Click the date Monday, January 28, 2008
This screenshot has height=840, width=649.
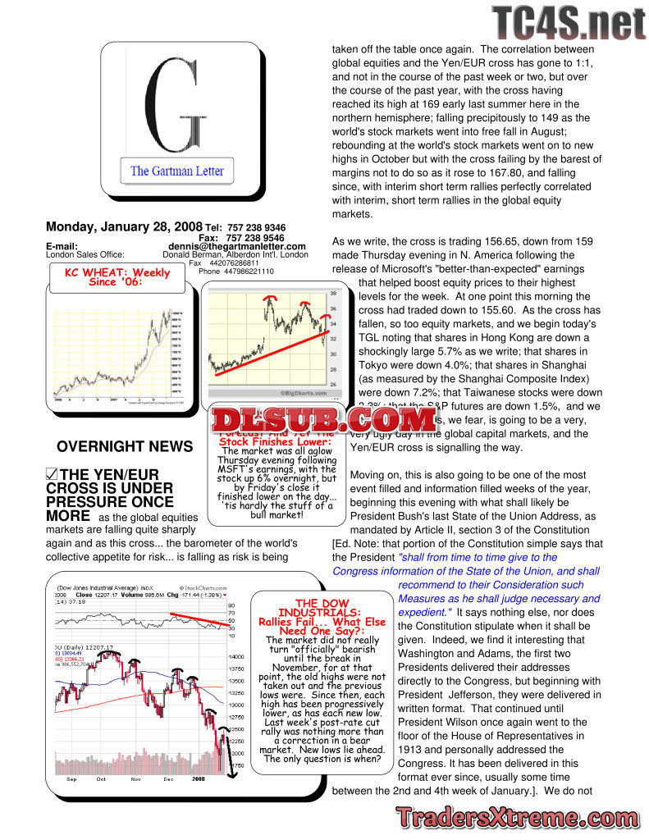(124, 226)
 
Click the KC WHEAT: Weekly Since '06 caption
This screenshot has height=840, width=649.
(117, 276)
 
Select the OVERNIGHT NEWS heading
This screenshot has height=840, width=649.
(125, 447)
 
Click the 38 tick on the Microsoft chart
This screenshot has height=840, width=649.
(333, 293)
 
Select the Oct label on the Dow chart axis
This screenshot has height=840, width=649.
(101, 779)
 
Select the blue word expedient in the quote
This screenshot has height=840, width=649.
(424, 612)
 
